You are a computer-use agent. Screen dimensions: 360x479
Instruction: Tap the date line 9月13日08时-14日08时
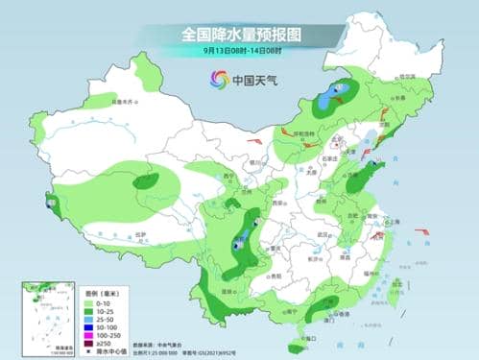(241, 51)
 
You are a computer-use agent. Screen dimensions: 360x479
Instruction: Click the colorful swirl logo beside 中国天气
(217, 81)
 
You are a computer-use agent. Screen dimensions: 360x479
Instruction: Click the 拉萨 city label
(112, 235)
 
